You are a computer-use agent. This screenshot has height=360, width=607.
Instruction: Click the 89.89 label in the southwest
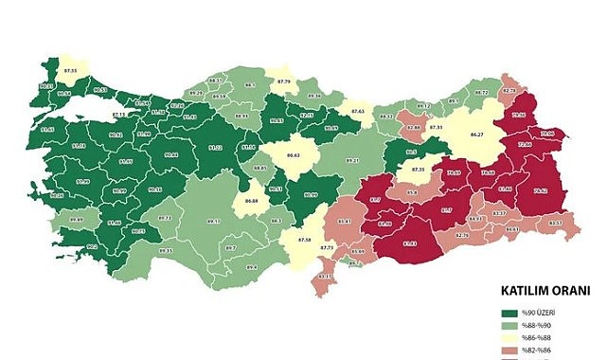coord(79,220)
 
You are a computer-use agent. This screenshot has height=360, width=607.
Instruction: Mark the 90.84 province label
coord(170,154)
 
